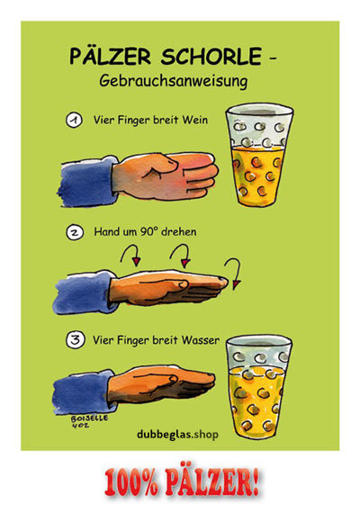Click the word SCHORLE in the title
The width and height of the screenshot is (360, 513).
point(211,57)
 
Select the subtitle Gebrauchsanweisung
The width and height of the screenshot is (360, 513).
point(174,81)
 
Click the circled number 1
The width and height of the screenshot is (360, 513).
point(75,120)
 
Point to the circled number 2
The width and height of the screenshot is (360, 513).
point(75,232)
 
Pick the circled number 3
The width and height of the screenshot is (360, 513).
point(76,340)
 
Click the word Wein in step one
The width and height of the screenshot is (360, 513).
point(195,120)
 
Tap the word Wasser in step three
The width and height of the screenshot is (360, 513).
point(201,340)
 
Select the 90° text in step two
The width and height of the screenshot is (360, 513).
point(148,231)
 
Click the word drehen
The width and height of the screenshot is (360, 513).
point(179,231)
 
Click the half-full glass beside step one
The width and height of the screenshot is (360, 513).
point(259,155)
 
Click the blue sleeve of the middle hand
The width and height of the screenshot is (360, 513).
point(85,292)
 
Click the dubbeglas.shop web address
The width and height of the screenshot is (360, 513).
point(177,435)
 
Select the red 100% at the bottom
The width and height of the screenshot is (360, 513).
point(131,481)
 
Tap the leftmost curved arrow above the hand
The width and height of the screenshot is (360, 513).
point(130,255)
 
